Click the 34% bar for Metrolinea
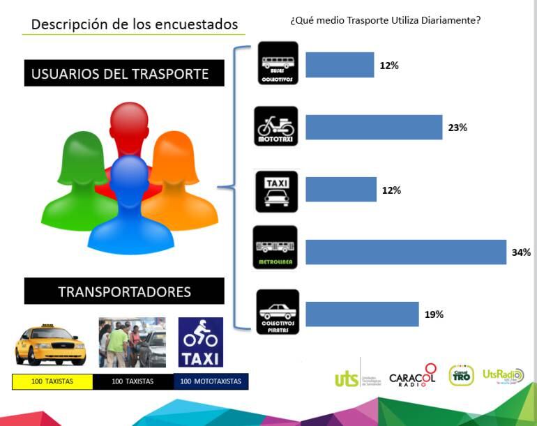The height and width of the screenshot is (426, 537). (x=406, y=252)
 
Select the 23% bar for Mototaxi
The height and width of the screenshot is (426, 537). (x=374, y=128)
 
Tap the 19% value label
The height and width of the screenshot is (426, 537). (x=434, y=314)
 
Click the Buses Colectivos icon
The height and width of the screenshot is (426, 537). (x=278, y=63)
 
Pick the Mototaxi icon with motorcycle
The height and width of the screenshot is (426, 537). (x=277, y=126)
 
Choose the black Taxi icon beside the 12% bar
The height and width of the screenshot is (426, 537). (x=277, y=190)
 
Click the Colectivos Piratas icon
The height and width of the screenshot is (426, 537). (x=278, y=312)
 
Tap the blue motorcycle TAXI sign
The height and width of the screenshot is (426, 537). (x=201, y=342)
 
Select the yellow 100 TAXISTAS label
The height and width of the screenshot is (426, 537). (x=52, y=381)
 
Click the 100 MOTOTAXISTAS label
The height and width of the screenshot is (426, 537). (x=211, y=381)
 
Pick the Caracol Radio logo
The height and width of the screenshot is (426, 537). (x=413, y=376)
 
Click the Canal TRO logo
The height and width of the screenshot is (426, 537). (x=461, y=375)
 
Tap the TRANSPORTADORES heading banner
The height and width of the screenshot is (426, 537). (x=124, y=291)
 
